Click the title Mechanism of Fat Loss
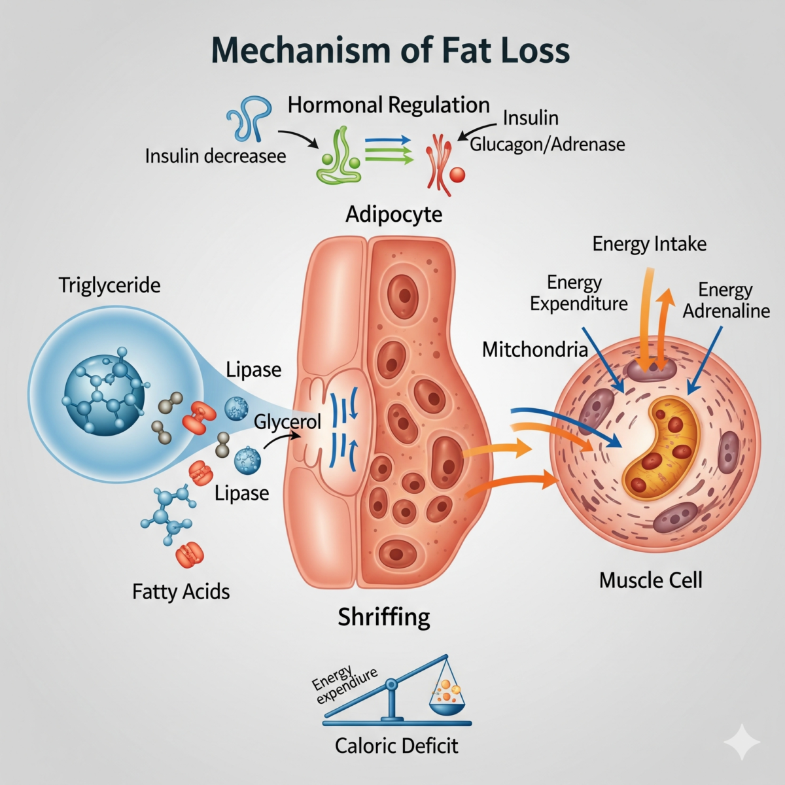coord(391,50)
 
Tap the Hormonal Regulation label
coord(389,105)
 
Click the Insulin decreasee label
coord(215,156)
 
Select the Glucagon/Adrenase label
coord(547,144)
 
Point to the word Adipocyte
coord(394,214)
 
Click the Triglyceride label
coord(109,285)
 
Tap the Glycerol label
coord(287,422)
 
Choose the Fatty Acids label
coord(181,591)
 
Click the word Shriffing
coord(384,616)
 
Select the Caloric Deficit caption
coord(396,745)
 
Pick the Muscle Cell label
coord(650,580)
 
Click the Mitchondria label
coord(534,349)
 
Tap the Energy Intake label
coord(649,244)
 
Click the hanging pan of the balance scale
coord(447,703)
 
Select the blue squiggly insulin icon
coord(249,118)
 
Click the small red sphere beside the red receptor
coord(458,174)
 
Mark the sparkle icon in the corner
coord(742,742)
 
